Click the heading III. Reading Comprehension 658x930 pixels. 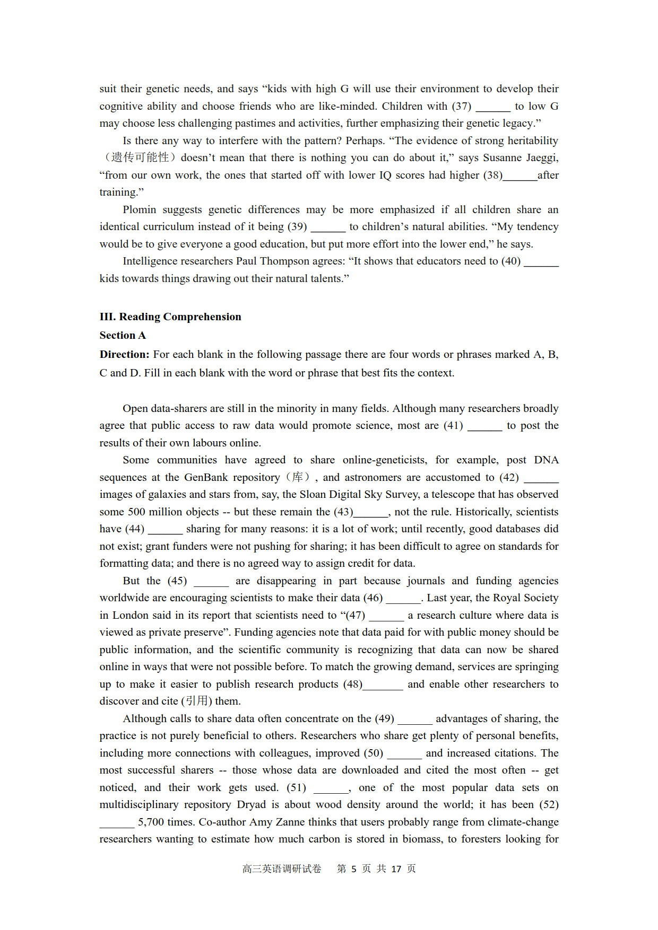(x=170, y=317)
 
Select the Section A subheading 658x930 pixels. (x=123, y=335)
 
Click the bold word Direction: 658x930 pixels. (x=124, y=354)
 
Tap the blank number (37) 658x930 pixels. (x=462, y=106)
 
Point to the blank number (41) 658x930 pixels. (x=453, y=425)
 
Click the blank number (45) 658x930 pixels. (x=177, y=581)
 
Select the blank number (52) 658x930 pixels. (x=549, y=804)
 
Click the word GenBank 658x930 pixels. (x=206, y=477)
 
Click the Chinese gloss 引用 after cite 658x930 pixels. (x=196, y=701)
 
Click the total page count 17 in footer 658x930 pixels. (x=396, y=869)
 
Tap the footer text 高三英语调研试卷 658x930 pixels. (x=282, y=869)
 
